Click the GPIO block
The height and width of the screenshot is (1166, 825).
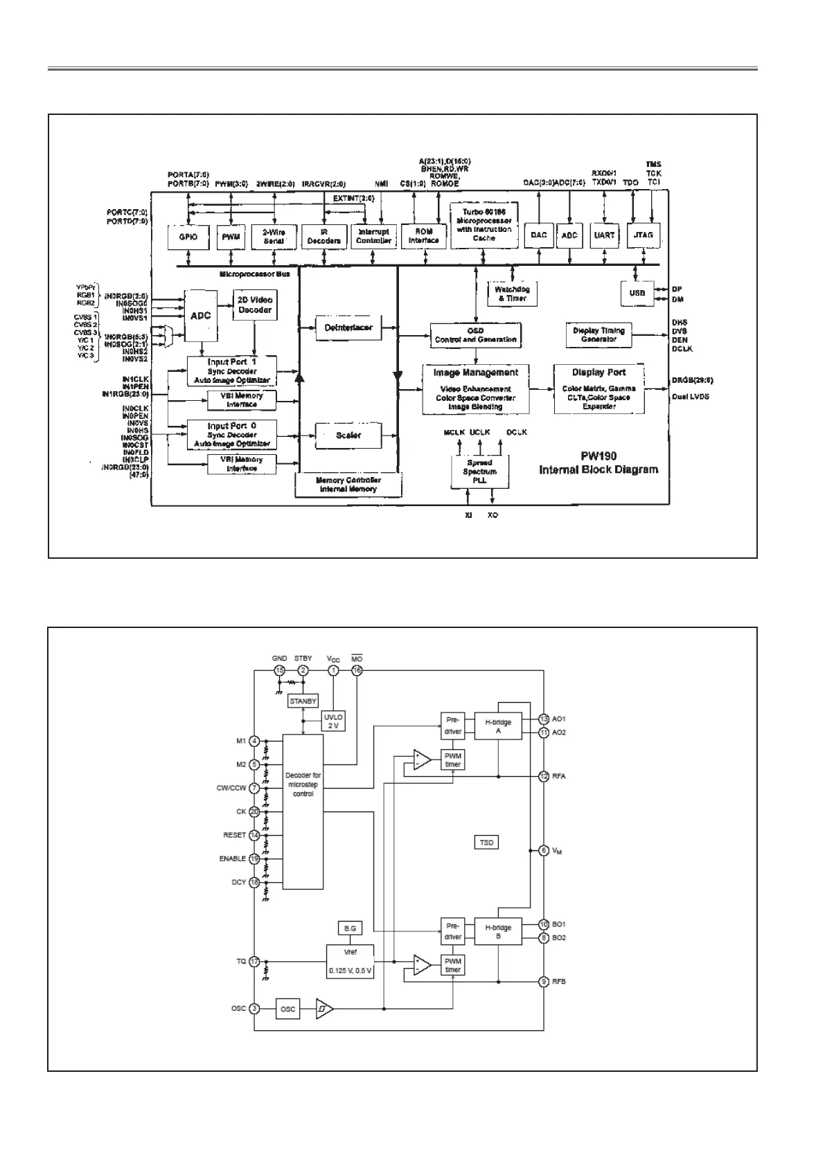click(188, 237)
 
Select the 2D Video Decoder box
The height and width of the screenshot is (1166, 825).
click(255, 305)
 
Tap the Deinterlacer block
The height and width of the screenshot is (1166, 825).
click(348, 328)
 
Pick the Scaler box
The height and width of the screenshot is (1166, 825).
click(348, 436)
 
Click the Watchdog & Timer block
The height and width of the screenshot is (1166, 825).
click(512, 294)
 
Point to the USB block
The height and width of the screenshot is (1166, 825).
click(637, 294)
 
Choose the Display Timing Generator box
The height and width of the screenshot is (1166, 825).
click(598, 335)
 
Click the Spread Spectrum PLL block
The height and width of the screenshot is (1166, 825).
click(479, 472)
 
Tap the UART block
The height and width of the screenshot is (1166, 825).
click(604, 235)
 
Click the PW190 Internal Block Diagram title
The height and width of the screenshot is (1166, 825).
click(598, 463)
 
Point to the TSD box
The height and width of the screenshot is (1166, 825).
click(487, 843)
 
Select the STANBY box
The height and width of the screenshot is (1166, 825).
click(303, 701)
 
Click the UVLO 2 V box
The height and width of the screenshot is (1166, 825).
click(333, 721)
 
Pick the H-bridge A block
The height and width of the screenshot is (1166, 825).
click(498, 726)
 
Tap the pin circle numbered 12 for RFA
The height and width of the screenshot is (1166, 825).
click(544, 776)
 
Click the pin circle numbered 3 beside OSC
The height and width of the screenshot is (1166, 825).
click(255, 1009)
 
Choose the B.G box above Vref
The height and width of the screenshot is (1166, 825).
click(349, 929)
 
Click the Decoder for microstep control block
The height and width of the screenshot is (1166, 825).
click(303, 811)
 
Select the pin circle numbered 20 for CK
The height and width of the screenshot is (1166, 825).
click(255, 811)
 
